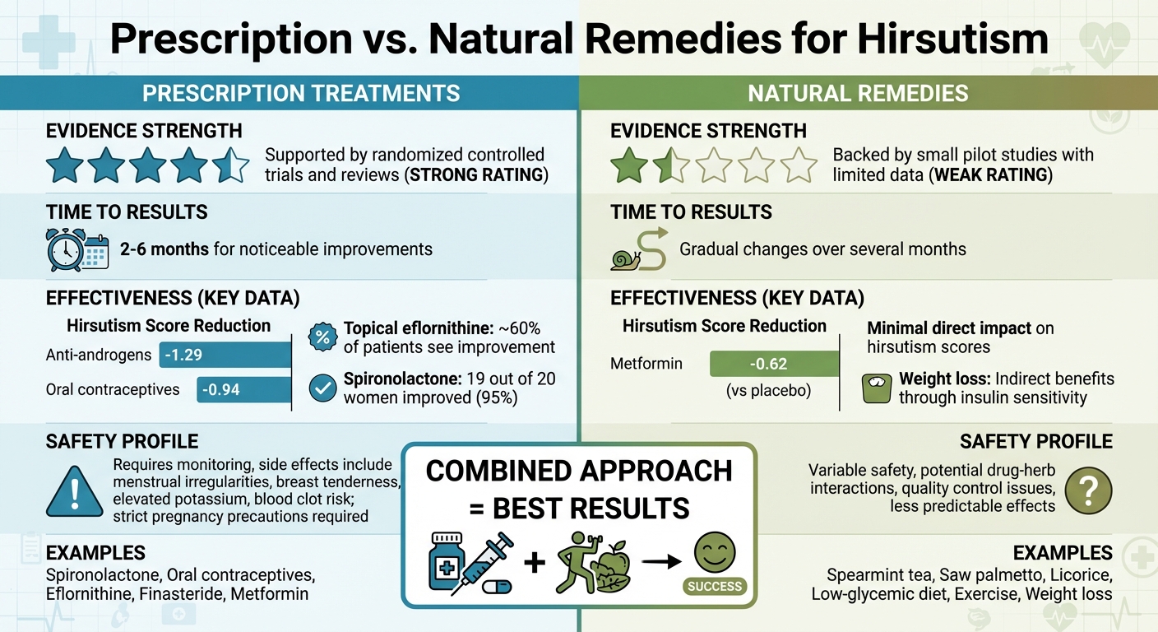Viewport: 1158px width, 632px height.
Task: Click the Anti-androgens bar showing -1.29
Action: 225,355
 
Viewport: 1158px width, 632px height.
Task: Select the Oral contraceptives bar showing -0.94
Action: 243,389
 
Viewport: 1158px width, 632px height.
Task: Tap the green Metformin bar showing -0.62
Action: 773,363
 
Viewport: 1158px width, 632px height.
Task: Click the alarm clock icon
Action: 67,249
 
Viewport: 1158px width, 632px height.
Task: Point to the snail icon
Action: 624,260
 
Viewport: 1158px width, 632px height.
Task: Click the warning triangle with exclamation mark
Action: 75,492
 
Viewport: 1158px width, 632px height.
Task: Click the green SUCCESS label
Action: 716,587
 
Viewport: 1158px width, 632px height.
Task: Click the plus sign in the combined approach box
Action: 535,563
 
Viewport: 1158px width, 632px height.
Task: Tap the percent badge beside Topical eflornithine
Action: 322,337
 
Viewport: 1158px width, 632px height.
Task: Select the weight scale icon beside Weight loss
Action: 877,388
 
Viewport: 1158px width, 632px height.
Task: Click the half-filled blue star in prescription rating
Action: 230,165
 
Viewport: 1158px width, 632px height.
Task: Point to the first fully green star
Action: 629,165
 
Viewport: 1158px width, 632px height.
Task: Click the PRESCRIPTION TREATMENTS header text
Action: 301,93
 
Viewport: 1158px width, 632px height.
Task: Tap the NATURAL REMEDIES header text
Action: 858,93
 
